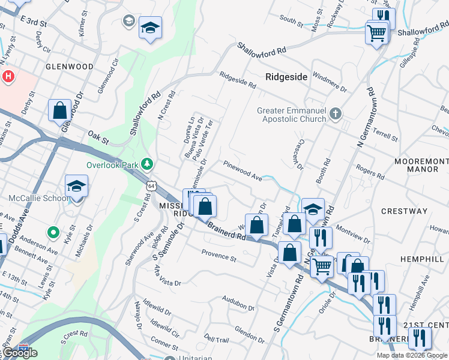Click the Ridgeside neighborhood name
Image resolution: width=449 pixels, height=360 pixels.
point(287,77)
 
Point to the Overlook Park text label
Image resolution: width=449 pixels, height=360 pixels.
point(112,164)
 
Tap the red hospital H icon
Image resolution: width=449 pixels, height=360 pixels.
point(8,77)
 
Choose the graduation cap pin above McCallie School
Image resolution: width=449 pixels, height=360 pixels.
point(76,187)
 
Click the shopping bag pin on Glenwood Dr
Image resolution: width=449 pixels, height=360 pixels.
point(60,111)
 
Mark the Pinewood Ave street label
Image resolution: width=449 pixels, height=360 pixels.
point(243,170)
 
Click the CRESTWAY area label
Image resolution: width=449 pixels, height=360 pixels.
point(404,211)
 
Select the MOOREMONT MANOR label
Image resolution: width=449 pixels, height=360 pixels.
point(421,166)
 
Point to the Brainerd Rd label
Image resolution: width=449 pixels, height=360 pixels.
point(228,232)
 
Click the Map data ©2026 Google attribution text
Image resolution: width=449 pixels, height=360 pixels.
point(412,355)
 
